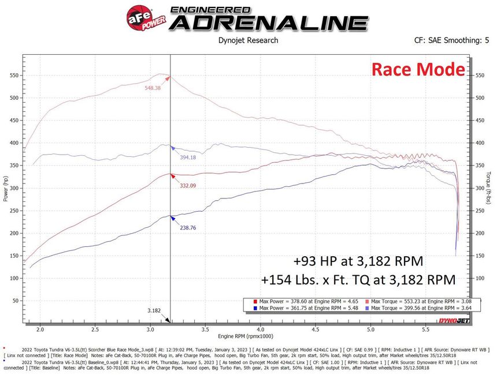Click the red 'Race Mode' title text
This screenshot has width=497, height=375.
418,70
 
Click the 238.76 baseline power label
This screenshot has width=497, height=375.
188,228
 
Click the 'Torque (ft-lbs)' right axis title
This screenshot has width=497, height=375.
489,187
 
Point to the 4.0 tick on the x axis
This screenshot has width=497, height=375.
260,329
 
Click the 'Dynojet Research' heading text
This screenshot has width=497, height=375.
248,40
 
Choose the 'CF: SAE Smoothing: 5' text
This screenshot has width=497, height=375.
451,40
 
